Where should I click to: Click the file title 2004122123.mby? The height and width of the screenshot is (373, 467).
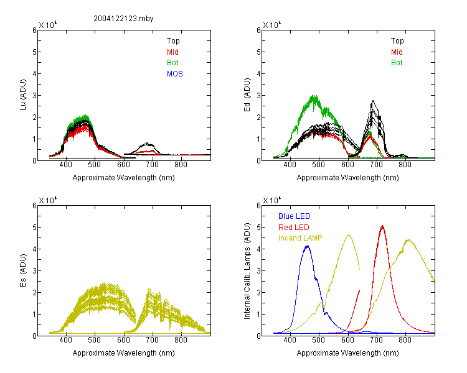[x=123, y=19]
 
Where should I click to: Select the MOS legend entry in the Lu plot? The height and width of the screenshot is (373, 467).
[x=174, y=74]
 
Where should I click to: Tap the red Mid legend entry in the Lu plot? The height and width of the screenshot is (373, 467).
[x=172, y=52]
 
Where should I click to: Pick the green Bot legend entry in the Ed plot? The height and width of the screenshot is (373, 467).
[x=397, y=63]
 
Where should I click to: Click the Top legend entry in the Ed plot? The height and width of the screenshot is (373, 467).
[x=397, y=41]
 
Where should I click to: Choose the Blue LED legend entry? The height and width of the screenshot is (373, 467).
[x=295, y=216]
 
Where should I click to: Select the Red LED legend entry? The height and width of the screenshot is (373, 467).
[x=294, y=228]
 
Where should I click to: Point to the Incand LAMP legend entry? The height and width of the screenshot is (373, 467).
[x=300, y=238]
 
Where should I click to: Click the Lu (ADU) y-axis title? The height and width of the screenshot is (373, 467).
[x=23, y=95]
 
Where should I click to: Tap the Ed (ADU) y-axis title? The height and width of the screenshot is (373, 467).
[x=247, y=95]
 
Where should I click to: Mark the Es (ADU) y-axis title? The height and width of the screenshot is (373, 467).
[x=23, y=270]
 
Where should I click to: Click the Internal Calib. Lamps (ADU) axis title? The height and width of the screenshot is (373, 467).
[x=247, y=271]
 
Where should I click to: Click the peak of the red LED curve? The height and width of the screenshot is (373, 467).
[x=382, y=226]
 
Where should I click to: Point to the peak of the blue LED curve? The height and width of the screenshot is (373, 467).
[x=308, y=246]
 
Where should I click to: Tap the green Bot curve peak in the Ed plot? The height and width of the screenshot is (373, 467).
[x=314, y=96]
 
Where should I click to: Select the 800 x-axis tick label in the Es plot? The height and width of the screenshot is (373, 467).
[x=181, y=339]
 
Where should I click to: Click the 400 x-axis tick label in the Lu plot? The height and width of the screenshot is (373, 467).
[x=65, y=165]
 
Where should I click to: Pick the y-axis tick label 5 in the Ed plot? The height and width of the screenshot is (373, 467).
[x=258, y=52]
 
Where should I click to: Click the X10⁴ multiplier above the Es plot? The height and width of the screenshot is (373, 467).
[x=48, y=200]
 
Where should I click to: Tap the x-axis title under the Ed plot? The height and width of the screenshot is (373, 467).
[x=347, y=178]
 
